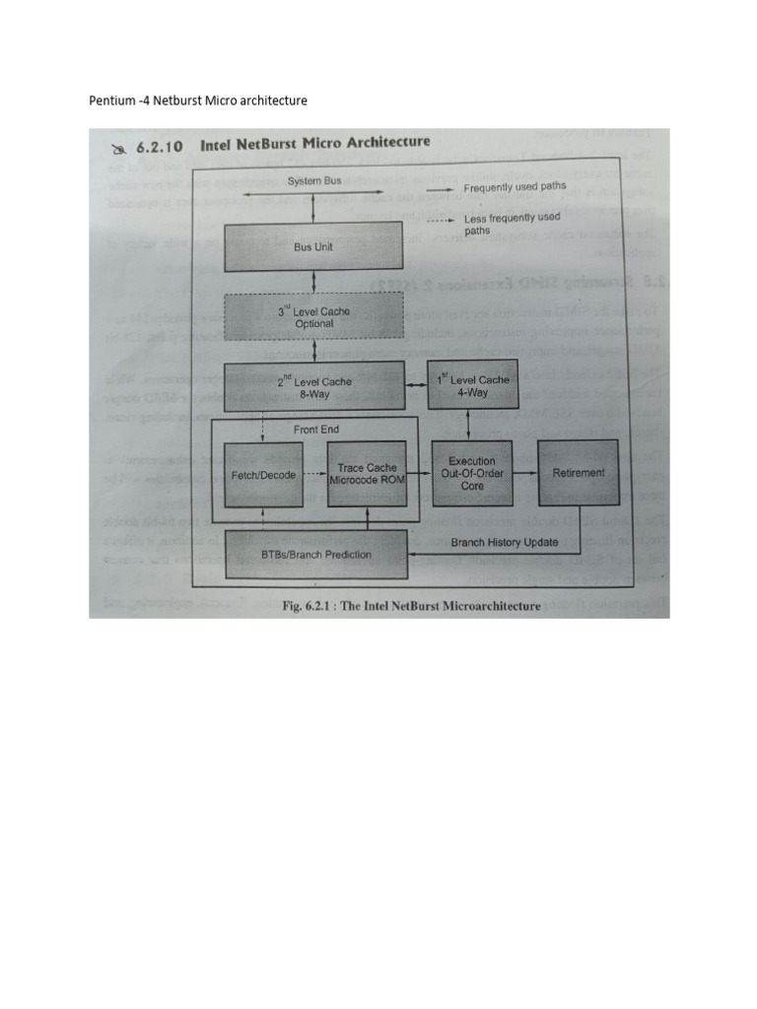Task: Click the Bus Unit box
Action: (x=314, y=246)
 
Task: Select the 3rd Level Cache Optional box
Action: (x=314, y=317)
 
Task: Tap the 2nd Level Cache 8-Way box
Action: (x=314, y=387)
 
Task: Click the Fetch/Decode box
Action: (x=263, y=474)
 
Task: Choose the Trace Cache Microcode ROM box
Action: (x=367, y=474)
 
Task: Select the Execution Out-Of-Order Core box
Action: (x=472, y=473)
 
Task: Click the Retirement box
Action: (x=579, y=473)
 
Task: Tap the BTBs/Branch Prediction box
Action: (x=316, y=554)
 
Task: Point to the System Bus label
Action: (x=314, y=181)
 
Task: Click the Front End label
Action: (x=315, y=430)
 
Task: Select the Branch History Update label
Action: (x=505, y=542)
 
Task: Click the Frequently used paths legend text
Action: (x=516, y=186)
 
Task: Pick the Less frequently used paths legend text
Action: (x=512, y=224)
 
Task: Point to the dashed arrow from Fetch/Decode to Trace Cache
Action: (x=314, y=474)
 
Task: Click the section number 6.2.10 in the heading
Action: (x=162, y=147)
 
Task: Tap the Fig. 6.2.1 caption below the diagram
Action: (x=410, y=605)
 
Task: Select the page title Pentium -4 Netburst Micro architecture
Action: (x=198, y=101)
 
